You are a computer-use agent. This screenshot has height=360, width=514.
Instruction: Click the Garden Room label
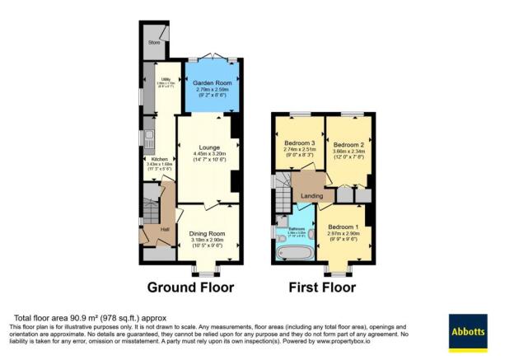point(211,83)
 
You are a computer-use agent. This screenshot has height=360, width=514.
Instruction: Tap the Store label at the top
point(154,41)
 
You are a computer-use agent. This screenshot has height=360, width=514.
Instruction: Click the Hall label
point(165,228)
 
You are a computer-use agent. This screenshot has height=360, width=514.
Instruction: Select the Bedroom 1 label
point(343,227)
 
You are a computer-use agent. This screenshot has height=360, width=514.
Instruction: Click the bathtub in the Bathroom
point(294,253)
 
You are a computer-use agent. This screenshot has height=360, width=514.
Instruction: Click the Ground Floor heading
point(190,288)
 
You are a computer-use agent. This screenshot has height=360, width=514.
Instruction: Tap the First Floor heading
point(322,288)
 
